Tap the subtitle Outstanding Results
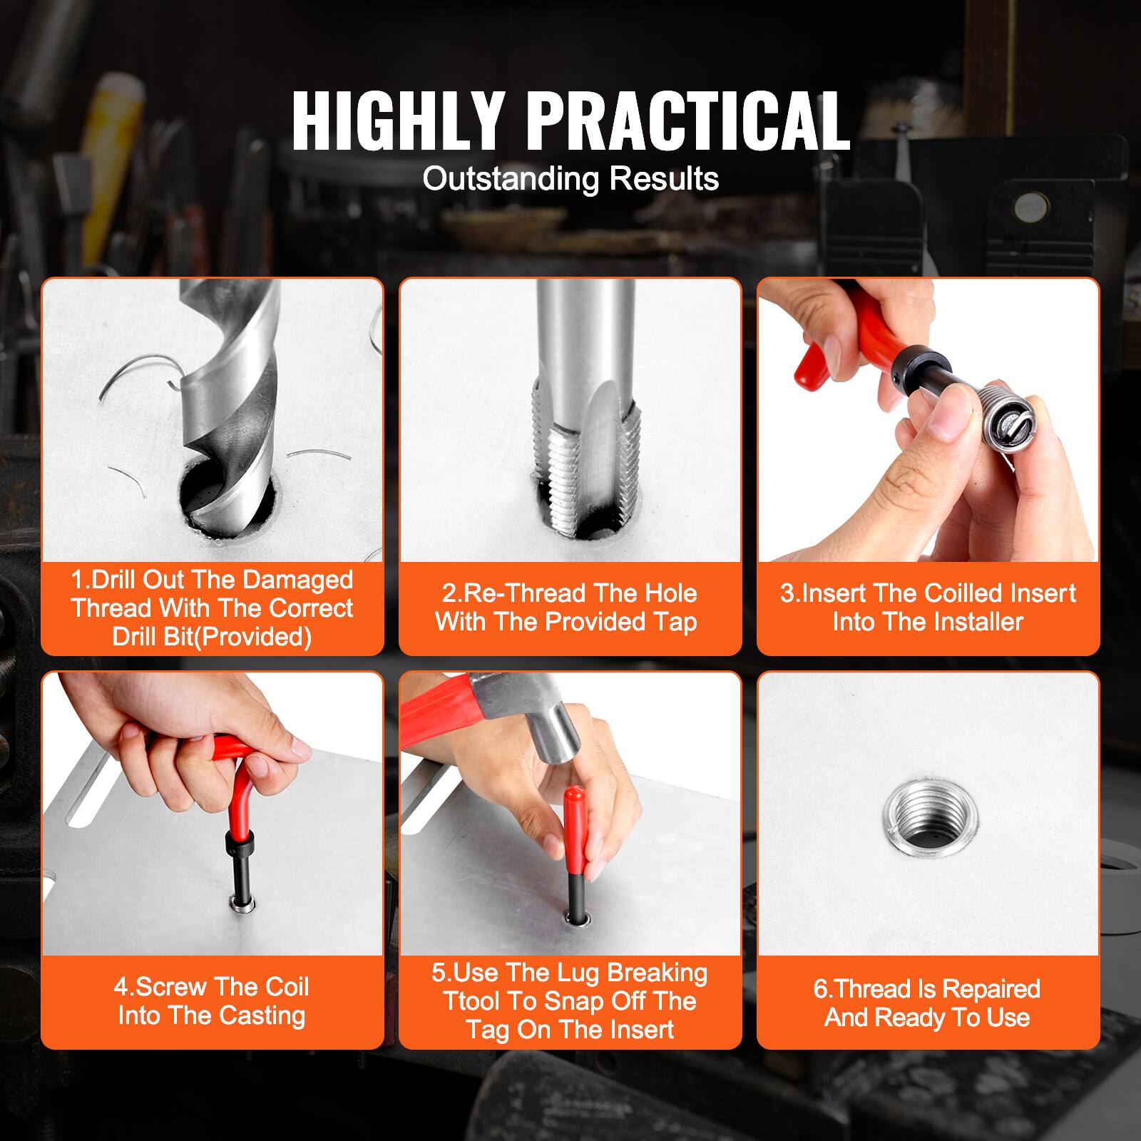(x=570, y=178)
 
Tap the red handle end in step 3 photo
(x=813, y=364)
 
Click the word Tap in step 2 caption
(x=675, y=622)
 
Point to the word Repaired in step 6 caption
(x=991, y=989)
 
